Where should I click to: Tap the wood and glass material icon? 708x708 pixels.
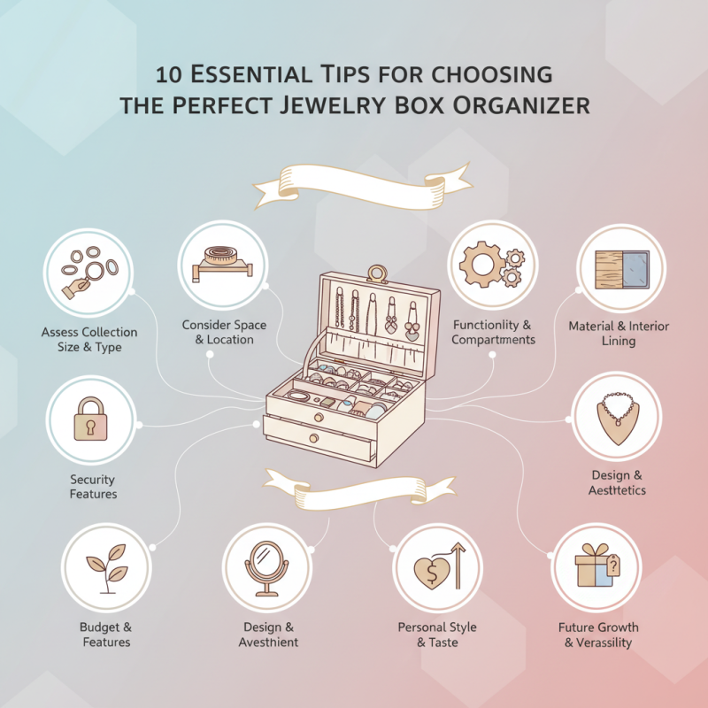pos(618,269)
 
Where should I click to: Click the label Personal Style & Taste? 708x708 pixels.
pos(437,635)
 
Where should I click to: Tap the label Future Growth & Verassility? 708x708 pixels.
pos(598,635)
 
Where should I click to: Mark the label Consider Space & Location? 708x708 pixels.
pos(224,333)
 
